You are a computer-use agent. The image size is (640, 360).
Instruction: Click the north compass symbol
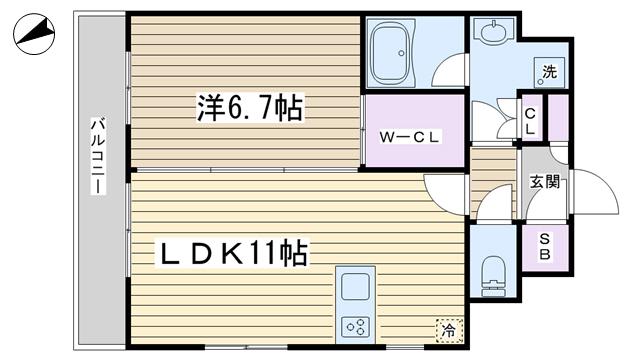(34, 34)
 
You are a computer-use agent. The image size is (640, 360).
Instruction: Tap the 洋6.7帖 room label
(250, 108)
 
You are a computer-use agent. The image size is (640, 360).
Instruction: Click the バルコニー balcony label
(98, 156)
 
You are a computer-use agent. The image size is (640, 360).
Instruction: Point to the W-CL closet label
(409, 137)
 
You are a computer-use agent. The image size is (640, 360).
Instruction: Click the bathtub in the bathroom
(391, 53)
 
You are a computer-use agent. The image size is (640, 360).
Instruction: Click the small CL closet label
(530, 121)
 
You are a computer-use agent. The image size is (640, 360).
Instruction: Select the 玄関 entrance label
(544, 182)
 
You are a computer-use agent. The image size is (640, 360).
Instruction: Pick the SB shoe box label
(544, 247)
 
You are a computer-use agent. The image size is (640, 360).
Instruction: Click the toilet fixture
(493, 276)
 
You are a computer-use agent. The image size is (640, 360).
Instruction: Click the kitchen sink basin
(356, 287)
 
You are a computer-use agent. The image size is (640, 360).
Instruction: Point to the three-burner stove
(355, 327)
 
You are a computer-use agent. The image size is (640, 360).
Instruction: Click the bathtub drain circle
(401, 53)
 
